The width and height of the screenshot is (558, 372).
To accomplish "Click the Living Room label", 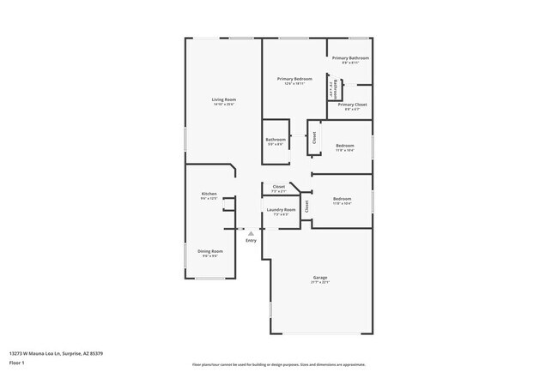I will [x=224, y=100].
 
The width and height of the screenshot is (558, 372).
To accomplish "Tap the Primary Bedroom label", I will [x=294, y=79].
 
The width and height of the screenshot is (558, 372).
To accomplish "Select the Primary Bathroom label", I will [x=350, y=58].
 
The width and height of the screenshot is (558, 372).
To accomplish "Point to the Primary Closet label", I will [x=350, y=105].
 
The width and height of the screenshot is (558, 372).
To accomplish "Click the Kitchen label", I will [x=209, y=195].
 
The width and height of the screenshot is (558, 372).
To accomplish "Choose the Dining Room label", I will [x=210, y=251].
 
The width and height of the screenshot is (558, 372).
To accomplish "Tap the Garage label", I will [x=320, y=278].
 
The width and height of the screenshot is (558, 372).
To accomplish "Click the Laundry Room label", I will [x=284, y=210].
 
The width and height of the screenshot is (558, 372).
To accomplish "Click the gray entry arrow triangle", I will [x=251, y=232].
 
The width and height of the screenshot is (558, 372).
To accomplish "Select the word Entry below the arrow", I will [x=251, y=241].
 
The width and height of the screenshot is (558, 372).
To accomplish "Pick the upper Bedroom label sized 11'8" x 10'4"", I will [x=345, y=146].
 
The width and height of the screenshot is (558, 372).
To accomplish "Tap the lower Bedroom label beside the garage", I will [x=342, y=199].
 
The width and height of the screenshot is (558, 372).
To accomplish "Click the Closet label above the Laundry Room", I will [x=279, y=186].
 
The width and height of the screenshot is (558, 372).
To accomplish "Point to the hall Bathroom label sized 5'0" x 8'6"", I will [x=276, y=140].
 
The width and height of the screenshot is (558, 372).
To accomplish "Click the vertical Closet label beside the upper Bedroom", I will [x=314, y=136].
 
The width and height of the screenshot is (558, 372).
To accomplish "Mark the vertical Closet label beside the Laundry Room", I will [x=306, y=206].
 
